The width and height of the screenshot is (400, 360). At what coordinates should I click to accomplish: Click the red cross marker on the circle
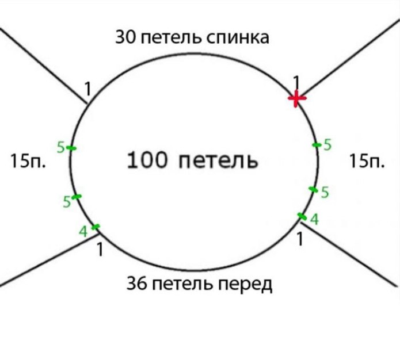click(x=296, y=98)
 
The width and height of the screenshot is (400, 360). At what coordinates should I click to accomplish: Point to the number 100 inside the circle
click(x=147, y=160)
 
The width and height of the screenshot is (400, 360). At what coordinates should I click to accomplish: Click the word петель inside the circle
click(x=218, y=160)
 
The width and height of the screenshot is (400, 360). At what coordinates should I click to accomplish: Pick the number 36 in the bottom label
click(x=136, y=284)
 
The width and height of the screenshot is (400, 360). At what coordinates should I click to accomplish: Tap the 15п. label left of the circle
click(x=28, y=161)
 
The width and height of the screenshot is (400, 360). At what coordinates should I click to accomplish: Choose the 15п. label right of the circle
click(x=367, y=161)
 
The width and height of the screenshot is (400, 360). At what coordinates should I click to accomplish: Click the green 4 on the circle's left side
click(x=83, y=232)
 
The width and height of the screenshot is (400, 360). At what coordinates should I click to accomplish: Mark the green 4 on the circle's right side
click(x=315, y=220)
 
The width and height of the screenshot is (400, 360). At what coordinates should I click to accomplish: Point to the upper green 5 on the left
click(x=60, y=147)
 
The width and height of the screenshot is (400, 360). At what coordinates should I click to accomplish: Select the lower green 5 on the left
click(x=67, y=202)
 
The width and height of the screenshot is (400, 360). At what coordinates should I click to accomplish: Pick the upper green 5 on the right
click(x=327, y=145)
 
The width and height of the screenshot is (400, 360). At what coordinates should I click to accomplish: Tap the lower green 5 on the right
click(x=325, y=193)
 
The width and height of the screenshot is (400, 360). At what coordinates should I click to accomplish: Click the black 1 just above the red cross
click(x=296, y=82)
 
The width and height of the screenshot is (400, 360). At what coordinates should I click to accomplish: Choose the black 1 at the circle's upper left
click(x=87, y=89)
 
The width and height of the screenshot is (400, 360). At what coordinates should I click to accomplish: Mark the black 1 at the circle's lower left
click(x=100, y=250)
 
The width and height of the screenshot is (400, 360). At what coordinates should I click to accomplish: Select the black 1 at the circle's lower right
click(x=300, y=239)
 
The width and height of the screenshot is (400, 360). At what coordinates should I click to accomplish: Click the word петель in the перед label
click(x=182, y=285)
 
